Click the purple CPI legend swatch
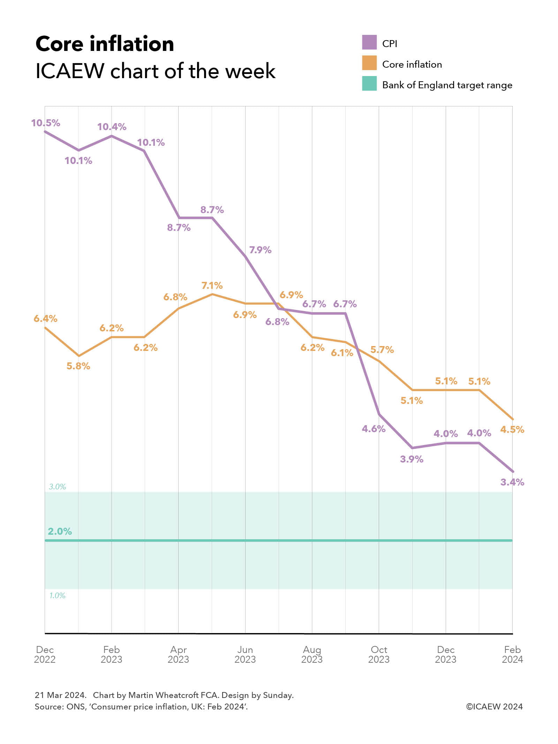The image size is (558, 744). click(x=369, y=42)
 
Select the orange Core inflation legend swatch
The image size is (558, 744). click(x=369, y=63)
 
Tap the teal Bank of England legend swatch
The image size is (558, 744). click(x=369, y=83)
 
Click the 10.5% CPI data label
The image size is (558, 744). click(x=45, y=123)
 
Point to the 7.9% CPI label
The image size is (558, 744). click(x=260, y=250)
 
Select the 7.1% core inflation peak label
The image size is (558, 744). click(x=212, y=286)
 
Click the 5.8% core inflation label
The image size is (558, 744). click(x=78, y=366)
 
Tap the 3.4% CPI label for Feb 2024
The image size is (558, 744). click(x=512, y=482)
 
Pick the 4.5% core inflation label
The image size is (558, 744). click(x=512, y=429)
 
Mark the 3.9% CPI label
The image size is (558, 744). click(x=412, y=459)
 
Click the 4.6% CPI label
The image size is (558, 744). click(x=374, y=429)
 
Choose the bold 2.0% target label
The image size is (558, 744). click(x=60, y=531)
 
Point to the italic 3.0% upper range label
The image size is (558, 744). click(x=57, y=487)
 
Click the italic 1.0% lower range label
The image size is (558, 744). click(x=57, y=595)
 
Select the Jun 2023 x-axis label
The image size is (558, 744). click(x=245, y=654)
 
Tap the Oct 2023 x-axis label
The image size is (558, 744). click(x=379, y=654)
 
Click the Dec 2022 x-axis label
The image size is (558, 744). click(x=45, y=654)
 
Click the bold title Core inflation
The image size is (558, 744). click(x=105, y=44)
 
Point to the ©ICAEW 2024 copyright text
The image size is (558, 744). click(x=494, y=706)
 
